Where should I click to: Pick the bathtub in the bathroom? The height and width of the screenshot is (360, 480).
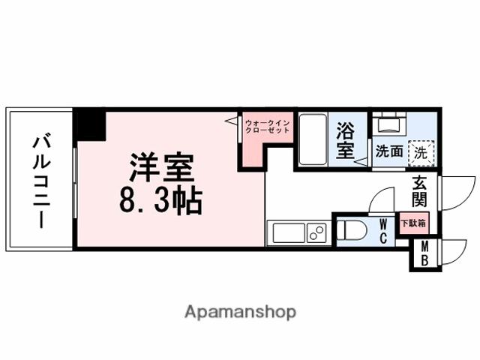point(313,139)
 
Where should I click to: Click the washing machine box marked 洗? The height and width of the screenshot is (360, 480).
point(421,151)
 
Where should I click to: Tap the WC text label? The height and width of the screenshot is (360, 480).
point(383,231)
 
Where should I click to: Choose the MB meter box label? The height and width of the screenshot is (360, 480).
point(425,254)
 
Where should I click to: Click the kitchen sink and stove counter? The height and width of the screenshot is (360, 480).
point(298,233)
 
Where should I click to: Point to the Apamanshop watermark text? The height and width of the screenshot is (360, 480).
point(240,311)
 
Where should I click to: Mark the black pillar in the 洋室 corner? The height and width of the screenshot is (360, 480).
point(90,124)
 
